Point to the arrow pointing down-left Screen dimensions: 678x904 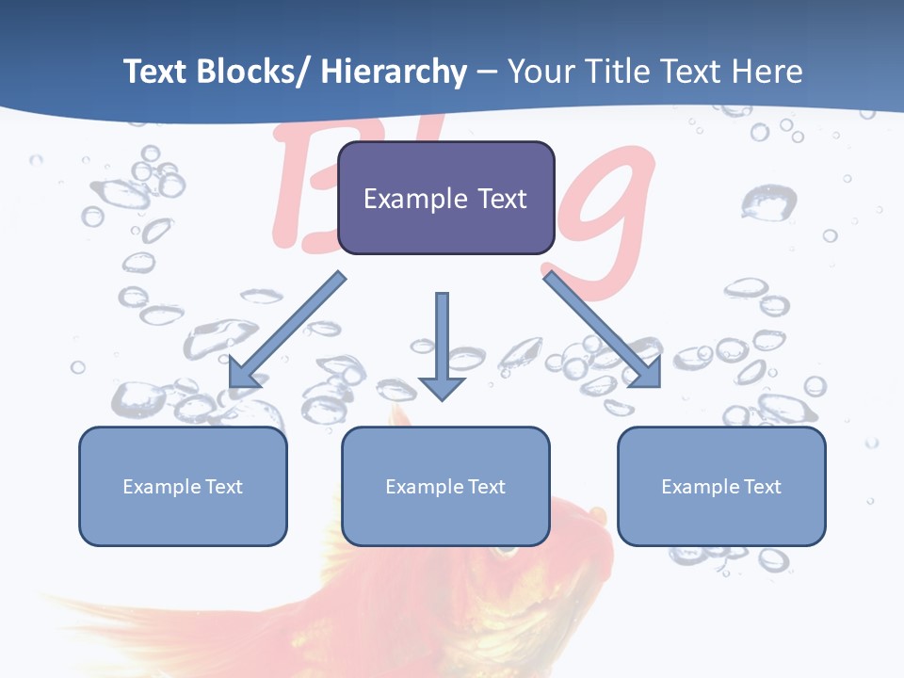click(287, 330)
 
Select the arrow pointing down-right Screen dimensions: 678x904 click(603, 330)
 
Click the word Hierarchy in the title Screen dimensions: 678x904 click(393, 72)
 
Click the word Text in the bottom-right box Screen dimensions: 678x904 click(762, 487)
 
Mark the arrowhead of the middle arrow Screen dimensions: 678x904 click(442, 386)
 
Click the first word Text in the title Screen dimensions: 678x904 click(155, 72)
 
